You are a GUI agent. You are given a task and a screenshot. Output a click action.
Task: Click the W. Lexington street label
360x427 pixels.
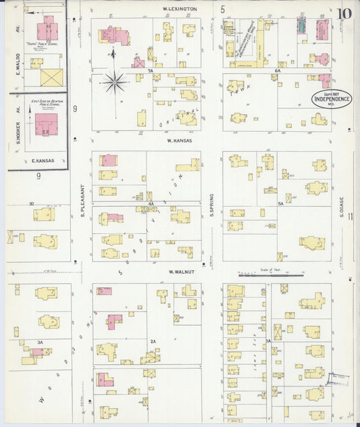(x=180, y=8)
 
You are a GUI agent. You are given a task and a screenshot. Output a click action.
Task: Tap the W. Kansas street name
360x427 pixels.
(x=180, y=141)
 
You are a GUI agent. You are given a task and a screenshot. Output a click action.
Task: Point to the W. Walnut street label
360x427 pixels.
(x=182, y=272)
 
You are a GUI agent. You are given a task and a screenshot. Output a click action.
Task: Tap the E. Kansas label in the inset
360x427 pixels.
(x=43, y=161)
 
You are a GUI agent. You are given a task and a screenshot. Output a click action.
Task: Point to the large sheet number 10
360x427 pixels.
(x=345, y=14)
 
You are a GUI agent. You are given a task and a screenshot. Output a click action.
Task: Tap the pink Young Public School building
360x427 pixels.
(x=46, y=29)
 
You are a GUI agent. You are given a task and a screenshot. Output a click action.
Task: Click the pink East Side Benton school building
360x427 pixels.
(x=46, y=125)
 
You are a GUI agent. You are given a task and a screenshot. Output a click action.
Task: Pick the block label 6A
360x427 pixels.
(x=277, y=70)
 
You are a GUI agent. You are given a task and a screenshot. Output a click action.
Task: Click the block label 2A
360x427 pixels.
(x=153, y=342)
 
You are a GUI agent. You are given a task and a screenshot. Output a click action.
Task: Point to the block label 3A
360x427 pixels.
(x=41, y=343)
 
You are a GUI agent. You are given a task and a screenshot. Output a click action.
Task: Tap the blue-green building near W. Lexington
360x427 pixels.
(x=302, y=26)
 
